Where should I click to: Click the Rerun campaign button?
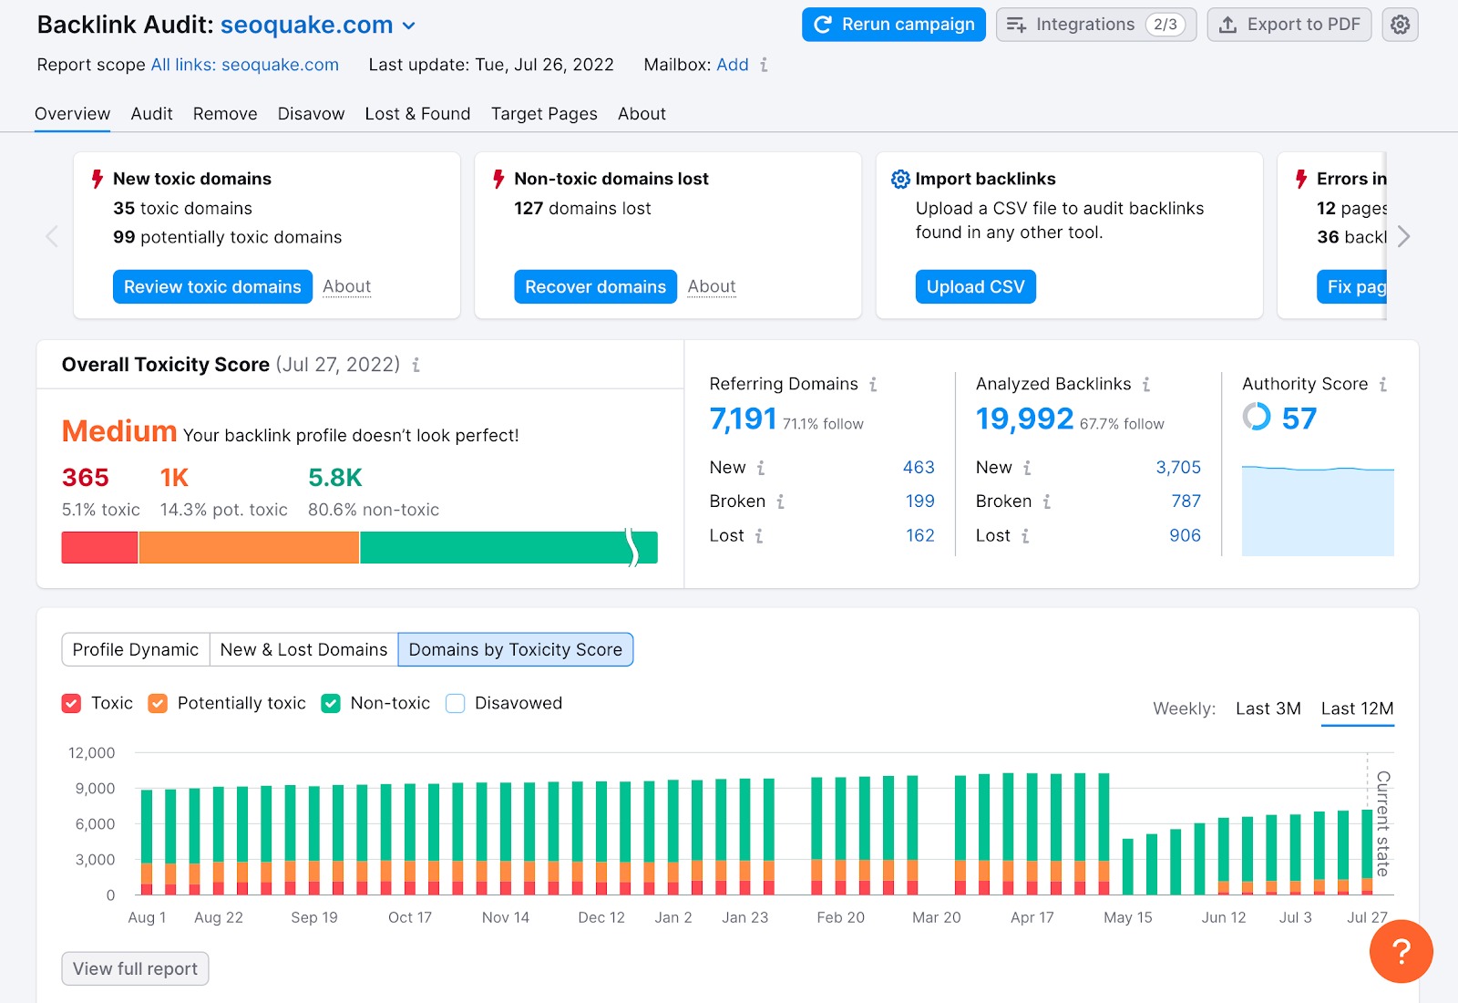click(893, 25)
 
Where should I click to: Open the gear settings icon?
click(1400, 25)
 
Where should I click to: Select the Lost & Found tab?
click(417, 114)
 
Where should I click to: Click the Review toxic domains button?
click(212, 286)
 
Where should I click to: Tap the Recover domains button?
click(595, 286)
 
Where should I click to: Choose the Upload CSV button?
click(975, 286)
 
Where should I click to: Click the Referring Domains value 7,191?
click(743, 419)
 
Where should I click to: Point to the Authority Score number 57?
click(1299, 419)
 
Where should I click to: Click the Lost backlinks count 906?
click(1185, 535)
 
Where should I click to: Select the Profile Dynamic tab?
click(136, 649)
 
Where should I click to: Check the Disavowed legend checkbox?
click(456, 703)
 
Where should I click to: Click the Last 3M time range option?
click(1268, 708)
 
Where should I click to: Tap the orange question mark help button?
click(1401, 951)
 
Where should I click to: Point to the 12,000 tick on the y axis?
click(92, 753)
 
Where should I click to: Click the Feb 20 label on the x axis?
click(840, 917)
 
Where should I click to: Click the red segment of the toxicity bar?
click(99, 547)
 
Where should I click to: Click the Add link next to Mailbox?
click(732, 65)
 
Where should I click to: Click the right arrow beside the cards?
click(1403, 236)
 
